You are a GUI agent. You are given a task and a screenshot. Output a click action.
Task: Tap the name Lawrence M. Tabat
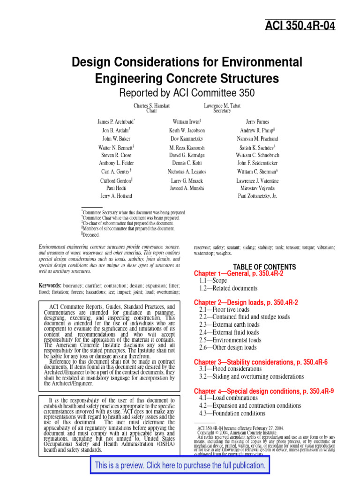(222, 106)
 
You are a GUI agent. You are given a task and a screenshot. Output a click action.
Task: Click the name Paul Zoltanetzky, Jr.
(257, 196)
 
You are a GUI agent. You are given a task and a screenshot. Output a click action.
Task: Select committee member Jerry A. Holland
(116, 196)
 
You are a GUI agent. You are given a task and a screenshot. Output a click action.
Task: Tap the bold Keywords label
(50, 285)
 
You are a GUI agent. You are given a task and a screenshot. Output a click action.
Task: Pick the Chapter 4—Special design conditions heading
(263, 391)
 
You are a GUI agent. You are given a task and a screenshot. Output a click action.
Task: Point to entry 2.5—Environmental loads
(230, 340)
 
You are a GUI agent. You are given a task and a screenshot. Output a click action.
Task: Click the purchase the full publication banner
(180, 465)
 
